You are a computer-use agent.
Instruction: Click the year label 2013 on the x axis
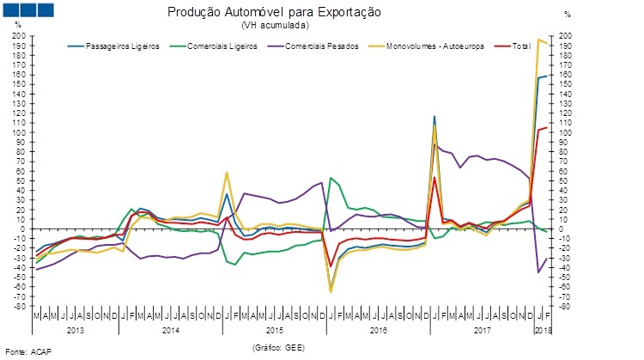(x=75, y=330)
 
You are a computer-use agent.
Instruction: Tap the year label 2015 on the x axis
(x=274, y=330)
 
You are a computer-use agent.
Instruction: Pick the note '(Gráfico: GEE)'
(x=279, y=347)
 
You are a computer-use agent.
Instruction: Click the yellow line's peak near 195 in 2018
(x=538, y=40)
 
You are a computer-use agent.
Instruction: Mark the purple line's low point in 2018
(x=538, y=272)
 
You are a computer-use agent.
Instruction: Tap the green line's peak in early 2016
(x=331, y=178)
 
